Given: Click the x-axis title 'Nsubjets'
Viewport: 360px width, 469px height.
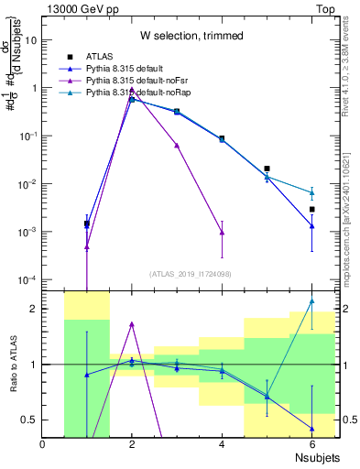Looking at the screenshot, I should point(313,457).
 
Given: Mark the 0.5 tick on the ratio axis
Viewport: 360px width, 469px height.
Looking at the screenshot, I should point(31,420).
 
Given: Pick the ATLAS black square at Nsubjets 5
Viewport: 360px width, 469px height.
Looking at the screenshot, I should point(267,169).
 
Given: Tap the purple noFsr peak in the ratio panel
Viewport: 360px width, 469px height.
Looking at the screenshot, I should point(132,323).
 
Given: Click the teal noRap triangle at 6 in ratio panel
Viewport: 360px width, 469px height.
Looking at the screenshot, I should point(311,300).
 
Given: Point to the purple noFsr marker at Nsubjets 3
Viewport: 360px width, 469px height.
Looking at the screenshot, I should point(177,145).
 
